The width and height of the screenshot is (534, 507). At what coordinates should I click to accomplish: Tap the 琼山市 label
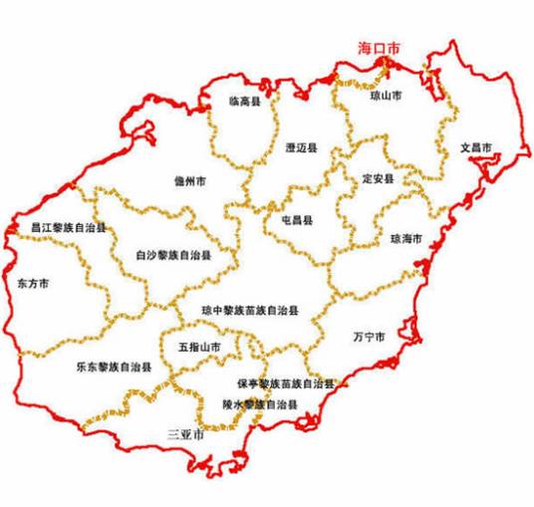(385, 98)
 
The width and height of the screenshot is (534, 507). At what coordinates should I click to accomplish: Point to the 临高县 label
(243, 102)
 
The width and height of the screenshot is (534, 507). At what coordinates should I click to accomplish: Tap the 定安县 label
(379, 179)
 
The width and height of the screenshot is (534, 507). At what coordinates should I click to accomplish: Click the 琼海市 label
(406, 239)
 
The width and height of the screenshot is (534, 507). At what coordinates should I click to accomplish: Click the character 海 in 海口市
(366, 49)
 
